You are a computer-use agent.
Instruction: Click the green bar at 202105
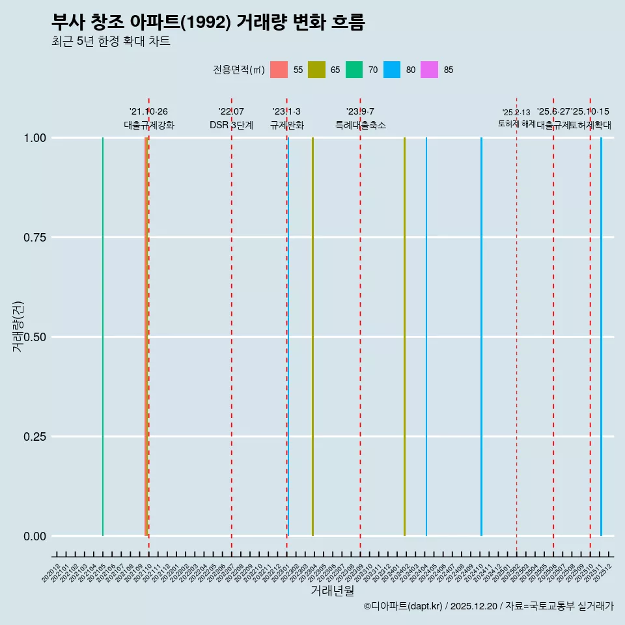pos(103,337)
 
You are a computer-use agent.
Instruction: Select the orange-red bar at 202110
pos(146,337)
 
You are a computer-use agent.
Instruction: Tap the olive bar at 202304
pos(312,337)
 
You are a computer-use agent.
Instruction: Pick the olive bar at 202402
pos(404,337)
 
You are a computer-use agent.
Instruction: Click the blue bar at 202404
pos(426,337)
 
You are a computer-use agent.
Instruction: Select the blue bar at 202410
pos(481,337)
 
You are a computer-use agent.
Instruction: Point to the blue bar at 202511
pos(601,337)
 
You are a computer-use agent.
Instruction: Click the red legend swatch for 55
pos(279,70)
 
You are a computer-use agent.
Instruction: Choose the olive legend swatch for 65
pos(316,70)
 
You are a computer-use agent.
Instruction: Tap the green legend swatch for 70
pos(354,70)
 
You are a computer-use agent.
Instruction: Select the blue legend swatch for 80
pos(392,70)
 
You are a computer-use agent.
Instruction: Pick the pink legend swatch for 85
pos(430,70)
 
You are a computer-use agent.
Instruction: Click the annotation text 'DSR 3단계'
pos(231,125)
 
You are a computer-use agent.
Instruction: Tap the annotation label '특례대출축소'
pos(360,125)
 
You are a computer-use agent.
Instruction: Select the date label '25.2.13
pos(516,112)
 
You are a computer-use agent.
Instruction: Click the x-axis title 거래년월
pos(333,590)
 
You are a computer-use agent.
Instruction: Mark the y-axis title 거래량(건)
pos(18,327)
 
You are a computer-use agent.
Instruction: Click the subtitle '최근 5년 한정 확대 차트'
pos(111,42)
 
